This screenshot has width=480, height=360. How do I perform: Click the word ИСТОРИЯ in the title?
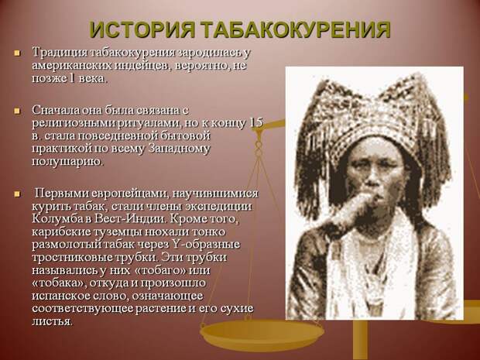coord(142,29)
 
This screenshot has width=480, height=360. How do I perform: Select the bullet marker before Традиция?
coord(17,53)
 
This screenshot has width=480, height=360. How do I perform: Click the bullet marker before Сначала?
coord(17,111)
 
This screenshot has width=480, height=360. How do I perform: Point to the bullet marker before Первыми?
coord(17,194)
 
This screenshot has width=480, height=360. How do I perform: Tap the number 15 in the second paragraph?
coord(256,122)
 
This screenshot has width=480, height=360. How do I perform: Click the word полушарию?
coord(67,162)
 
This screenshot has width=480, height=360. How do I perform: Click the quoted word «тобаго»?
coord(159,271)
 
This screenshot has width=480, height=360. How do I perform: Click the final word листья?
coord(53,322)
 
